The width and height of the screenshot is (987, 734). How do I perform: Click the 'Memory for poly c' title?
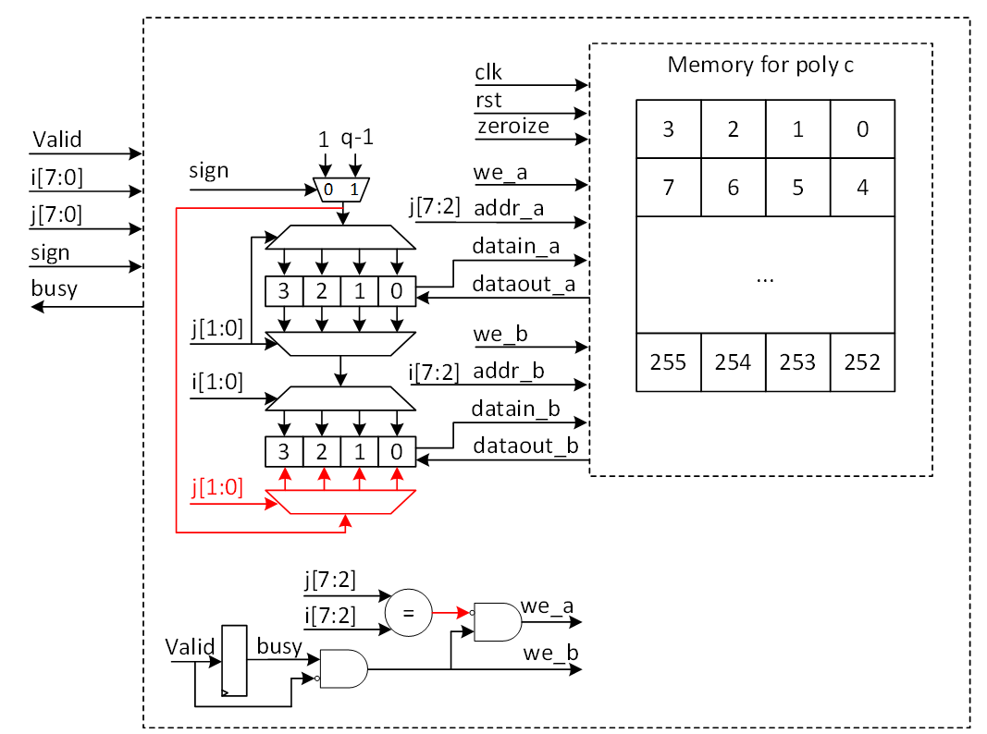coord(760,66)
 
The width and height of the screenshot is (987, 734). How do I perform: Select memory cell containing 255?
coord(668,362)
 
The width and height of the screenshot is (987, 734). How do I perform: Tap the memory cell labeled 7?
coord(668,187)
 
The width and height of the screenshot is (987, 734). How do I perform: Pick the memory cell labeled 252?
coord(862,362)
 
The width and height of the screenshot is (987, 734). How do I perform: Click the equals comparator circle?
coord(408,613)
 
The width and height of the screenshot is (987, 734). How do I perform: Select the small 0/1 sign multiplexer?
coord(341,189)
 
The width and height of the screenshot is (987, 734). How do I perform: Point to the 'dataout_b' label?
coord(525,446)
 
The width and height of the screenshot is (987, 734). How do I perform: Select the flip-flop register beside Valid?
coord(234,660)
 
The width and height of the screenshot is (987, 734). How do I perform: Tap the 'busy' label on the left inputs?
coord(55,288)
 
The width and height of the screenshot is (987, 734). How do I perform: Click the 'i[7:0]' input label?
coord(56,177)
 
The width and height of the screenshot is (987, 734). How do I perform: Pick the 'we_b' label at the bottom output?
coord(550,654)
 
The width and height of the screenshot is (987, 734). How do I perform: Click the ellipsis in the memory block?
coord(765,278)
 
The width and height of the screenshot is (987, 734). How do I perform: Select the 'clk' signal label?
coord(488,72)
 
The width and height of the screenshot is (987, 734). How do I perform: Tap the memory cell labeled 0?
coord(862,128)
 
